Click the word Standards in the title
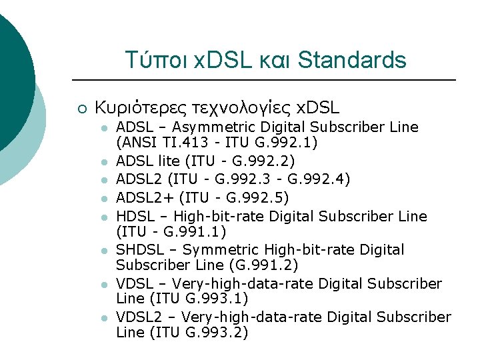click(352, 61)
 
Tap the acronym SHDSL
click(140, 250)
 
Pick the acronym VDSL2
click(139, 317)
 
